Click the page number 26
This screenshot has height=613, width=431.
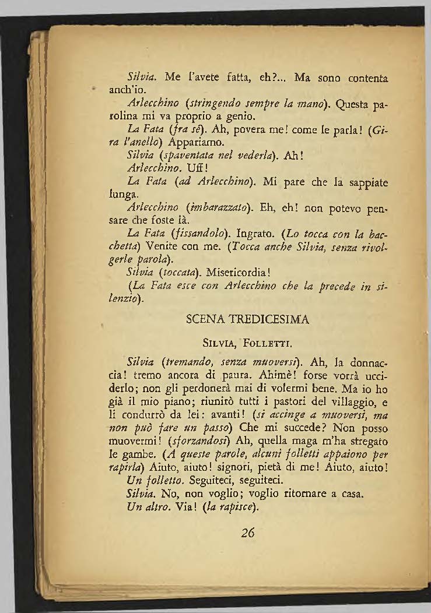click(x=248, y=533)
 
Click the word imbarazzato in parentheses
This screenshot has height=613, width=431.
click(x=208, y=205)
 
